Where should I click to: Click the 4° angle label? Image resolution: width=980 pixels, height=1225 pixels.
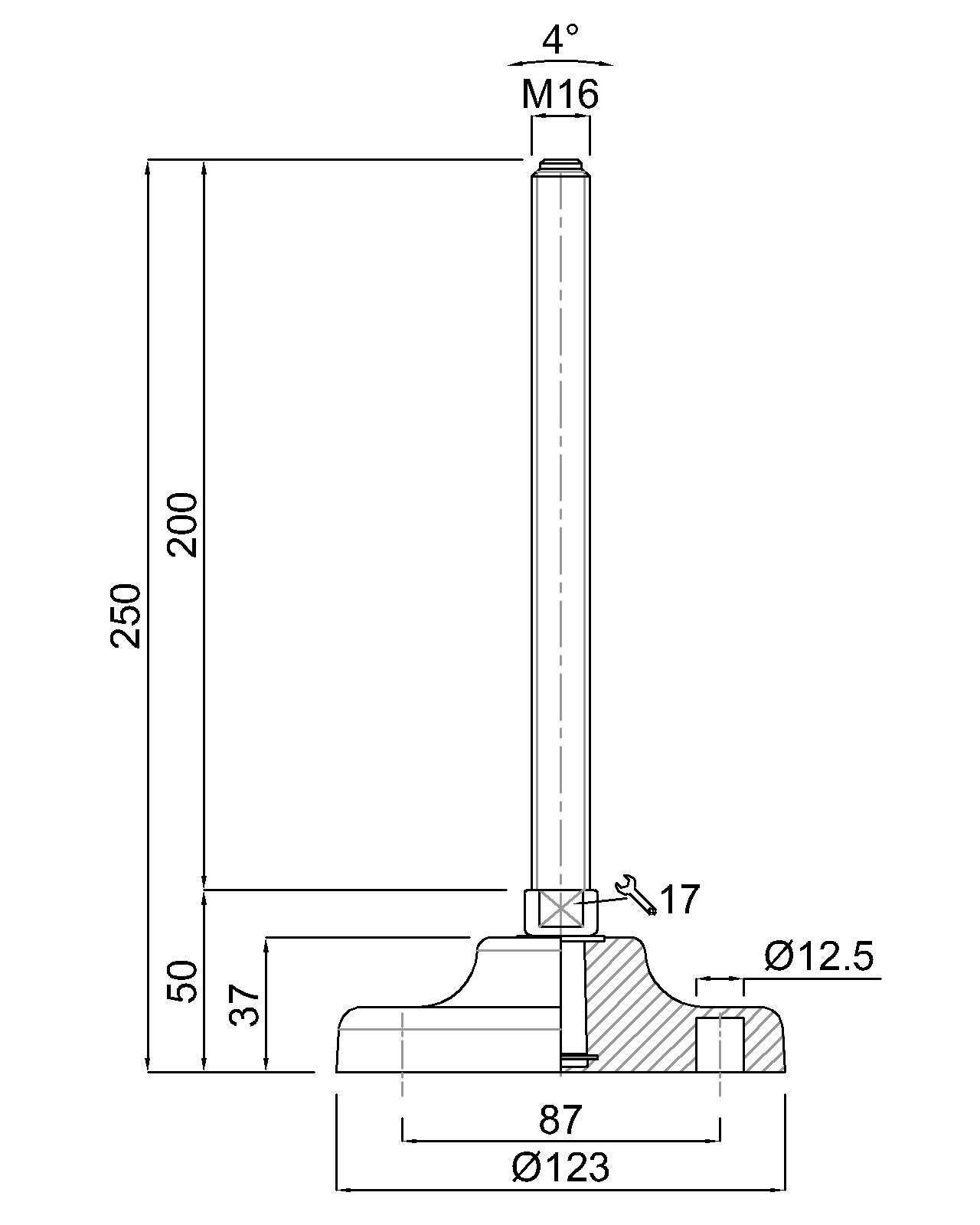[560, 39]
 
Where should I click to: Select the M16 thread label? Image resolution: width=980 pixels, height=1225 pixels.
[560, 94]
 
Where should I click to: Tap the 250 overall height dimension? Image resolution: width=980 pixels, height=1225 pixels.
[126, 616]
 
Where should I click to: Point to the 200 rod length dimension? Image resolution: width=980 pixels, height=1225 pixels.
[181, 525]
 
